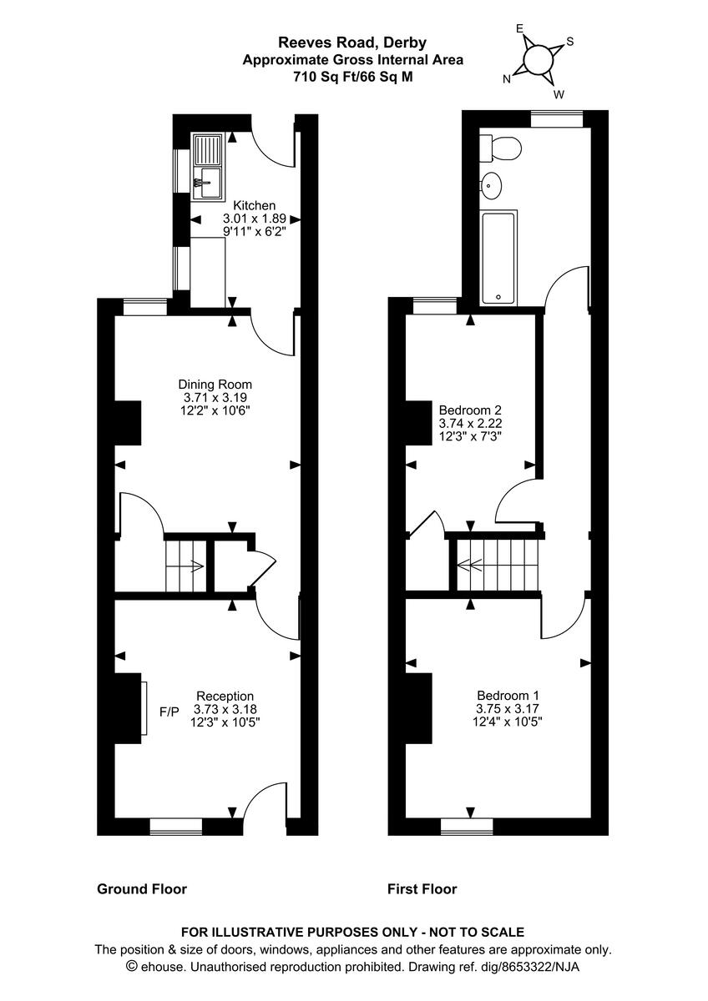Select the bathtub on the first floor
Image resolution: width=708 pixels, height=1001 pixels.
point(498,258)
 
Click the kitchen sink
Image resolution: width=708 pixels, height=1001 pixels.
point(206,168)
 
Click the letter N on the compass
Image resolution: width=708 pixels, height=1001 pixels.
point(507,79)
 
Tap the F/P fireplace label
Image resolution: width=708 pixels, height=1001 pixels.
point(169,712)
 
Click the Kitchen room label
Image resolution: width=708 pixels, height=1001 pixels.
point(254,205)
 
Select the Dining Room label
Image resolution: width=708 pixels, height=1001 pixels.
point(213,385)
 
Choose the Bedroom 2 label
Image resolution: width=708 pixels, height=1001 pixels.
point(470,410)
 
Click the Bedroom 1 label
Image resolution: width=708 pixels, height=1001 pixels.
point(503,696)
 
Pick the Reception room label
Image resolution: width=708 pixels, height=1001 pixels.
point(225,696)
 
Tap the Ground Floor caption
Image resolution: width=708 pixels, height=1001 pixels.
point(142,889)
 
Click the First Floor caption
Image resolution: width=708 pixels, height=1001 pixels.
point(422,889)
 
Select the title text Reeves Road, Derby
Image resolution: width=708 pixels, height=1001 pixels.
point(352,43)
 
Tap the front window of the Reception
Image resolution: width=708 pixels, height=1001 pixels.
point(176,826)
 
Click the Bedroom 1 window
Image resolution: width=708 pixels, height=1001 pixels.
point(467,826)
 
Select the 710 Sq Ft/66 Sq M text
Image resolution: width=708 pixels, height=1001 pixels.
point(352,76)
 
